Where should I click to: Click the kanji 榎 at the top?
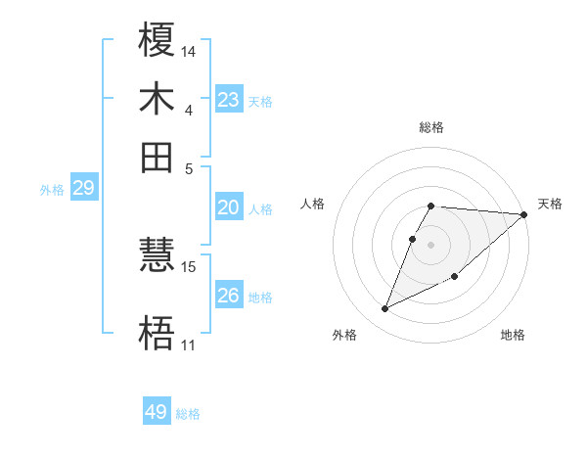tap(158, 41)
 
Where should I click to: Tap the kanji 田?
tap(158, 157)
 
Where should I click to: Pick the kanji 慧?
tap(158, 256)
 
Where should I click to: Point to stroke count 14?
tap(188, 50)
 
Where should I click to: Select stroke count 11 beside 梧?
tap(188, 345)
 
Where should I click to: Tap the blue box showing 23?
tap(229, 99)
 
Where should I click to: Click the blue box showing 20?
tap(229, 207)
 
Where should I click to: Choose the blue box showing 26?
tap(229, 296)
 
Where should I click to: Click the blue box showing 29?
tap(83, 188)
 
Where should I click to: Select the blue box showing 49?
tap(157, 412)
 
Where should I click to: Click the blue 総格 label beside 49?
tap(188, 414)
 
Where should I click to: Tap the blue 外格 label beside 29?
tap(52, 190)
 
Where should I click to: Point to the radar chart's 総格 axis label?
tap(431, 127)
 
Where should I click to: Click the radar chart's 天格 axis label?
tap(550, 204)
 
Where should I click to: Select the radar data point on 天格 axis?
tap(524, 214)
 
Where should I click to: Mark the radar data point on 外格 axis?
tap(385, 309)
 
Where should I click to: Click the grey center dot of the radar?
tap(431, 244)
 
